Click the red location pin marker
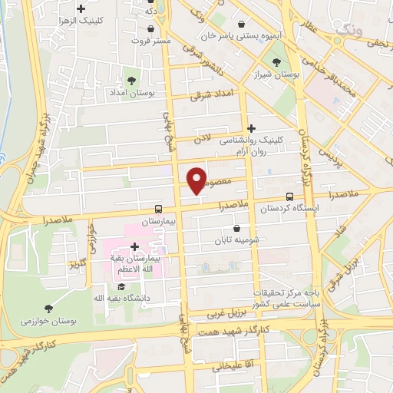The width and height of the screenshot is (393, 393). (x=197, y=180)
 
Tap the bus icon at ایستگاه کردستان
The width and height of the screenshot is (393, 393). (x=289, y=196)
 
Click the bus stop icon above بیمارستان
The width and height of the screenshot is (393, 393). (x=158, y=208)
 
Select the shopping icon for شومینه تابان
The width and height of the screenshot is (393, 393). (x=236, y=227)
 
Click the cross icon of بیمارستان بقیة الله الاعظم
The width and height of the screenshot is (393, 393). (x=135, y=247)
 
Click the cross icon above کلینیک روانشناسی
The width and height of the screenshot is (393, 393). (x=252, y=129)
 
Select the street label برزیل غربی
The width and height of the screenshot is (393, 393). (x=228, y=314)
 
